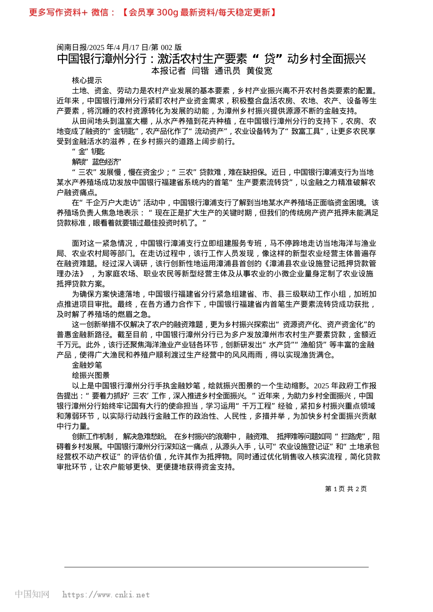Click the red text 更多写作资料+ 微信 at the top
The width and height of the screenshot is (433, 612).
[72, 12]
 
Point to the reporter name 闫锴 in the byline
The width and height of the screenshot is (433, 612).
[200, 71]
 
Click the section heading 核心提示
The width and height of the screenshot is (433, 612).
[87, 81]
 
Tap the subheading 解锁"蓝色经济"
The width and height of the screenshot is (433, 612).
[96, 162]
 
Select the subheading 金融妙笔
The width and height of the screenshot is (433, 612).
[87, 365]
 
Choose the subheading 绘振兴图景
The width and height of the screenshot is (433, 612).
[91, 375]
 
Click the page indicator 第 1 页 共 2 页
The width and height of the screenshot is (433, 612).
[345, 489]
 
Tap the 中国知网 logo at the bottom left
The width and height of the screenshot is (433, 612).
[32, 594]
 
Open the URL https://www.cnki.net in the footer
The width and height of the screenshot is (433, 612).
[106, 595]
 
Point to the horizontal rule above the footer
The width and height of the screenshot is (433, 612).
[216, 567]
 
